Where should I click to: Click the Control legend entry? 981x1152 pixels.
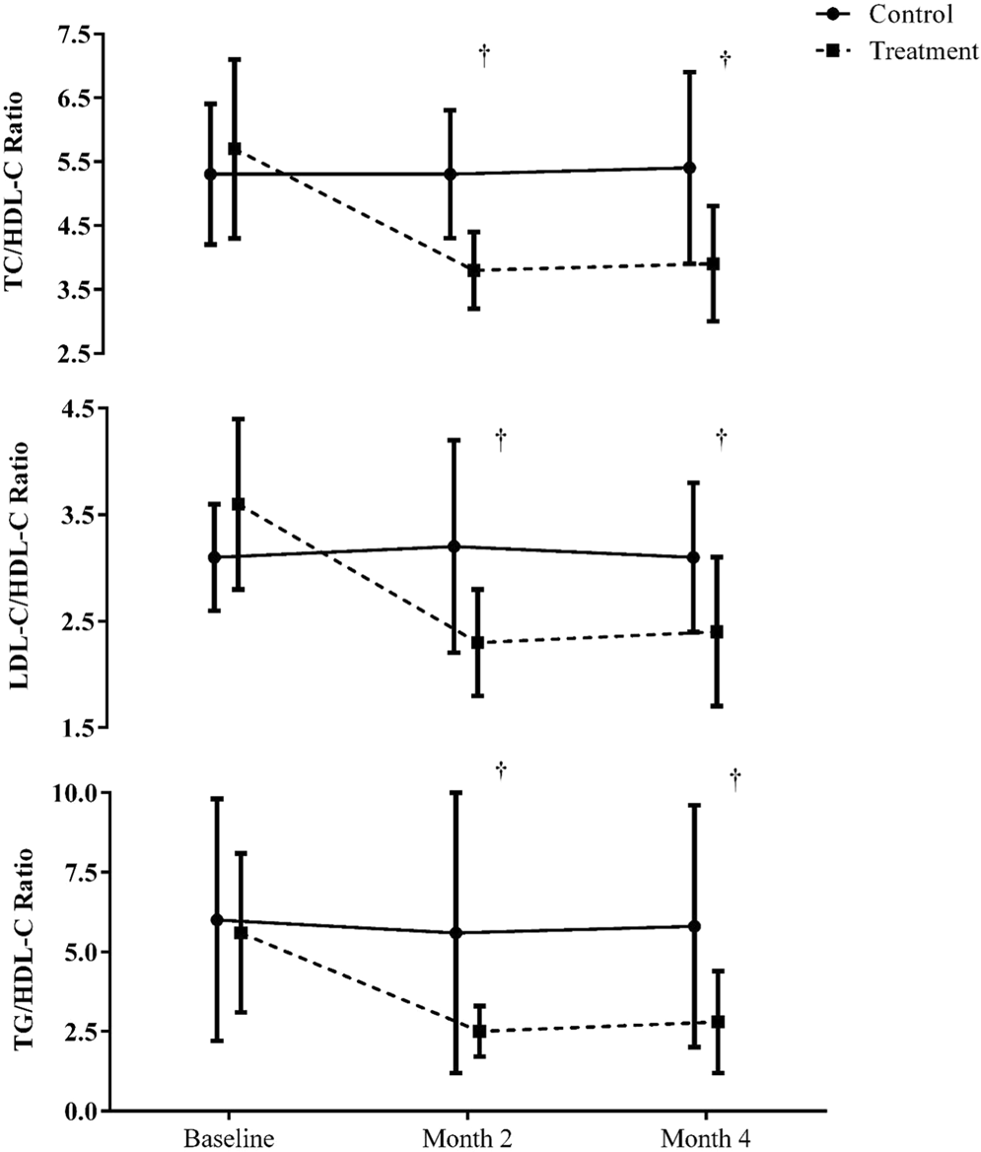pyautogui.click(x=910, y=15)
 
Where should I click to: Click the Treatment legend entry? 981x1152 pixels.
pyautogui.click(x=922, y=52)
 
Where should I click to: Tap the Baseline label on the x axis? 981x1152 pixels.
pyautogui.click(x=225, y=1132)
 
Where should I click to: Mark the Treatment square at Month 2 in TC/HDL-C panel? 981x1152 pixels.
pyautogui.click(x=474, y=270)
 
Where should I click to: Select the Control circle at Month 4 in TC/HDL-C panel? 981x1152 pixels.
pyautogui.click(x=690, y=168)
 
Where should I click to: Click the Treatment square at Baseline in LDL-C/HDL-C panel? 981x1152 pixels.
pyautogui.click(x=238, y=504)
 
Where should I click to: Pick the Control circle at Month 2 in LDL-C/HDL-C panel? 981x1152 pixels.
pyautogui.click(x=455, y=546)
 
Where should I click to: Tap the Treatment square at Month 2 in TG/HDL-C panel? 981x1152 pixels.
pyautogui.click(x=479, y=1032)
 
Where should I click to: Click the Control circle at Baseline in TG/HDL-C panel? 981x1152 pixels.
pyautogui.click(x=216, y=919)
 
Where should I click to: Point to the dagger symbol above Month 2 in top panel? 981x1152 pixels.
pyautogui.click(x=484, y=55)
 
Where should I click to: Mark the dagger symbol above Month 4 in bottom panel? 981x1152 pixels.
pyautogui.click(x=735, y=779)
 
